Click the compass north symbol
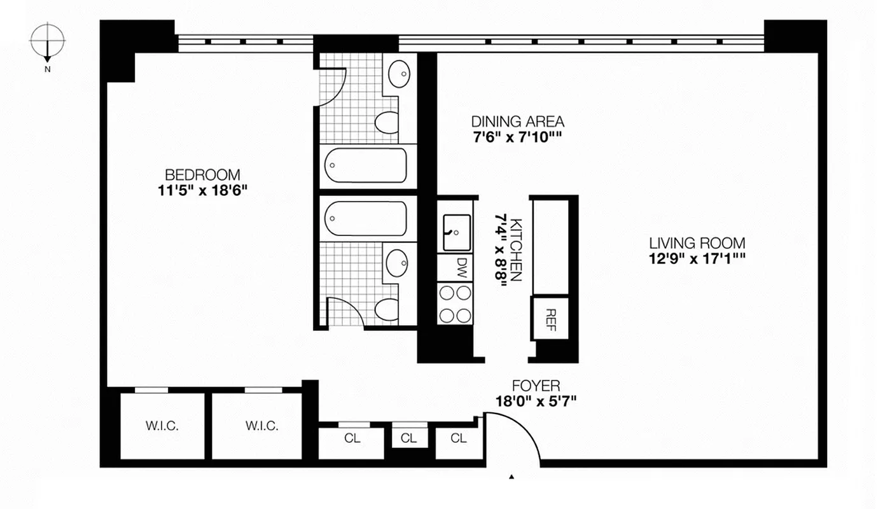48,41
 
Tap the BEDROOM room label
202,174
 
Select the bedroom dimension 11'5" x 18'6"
202,190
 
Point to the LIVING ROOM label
697,243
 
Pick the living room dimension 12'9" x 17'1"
697,259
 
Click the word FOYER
536,386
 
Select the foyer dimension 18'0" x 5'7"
536,401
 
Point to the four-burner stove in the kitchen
455,303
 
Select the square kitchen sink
456,232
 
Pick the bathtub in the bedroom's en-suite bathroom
365,165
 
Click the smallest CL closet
408,438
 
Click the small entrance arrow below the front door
511,475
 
